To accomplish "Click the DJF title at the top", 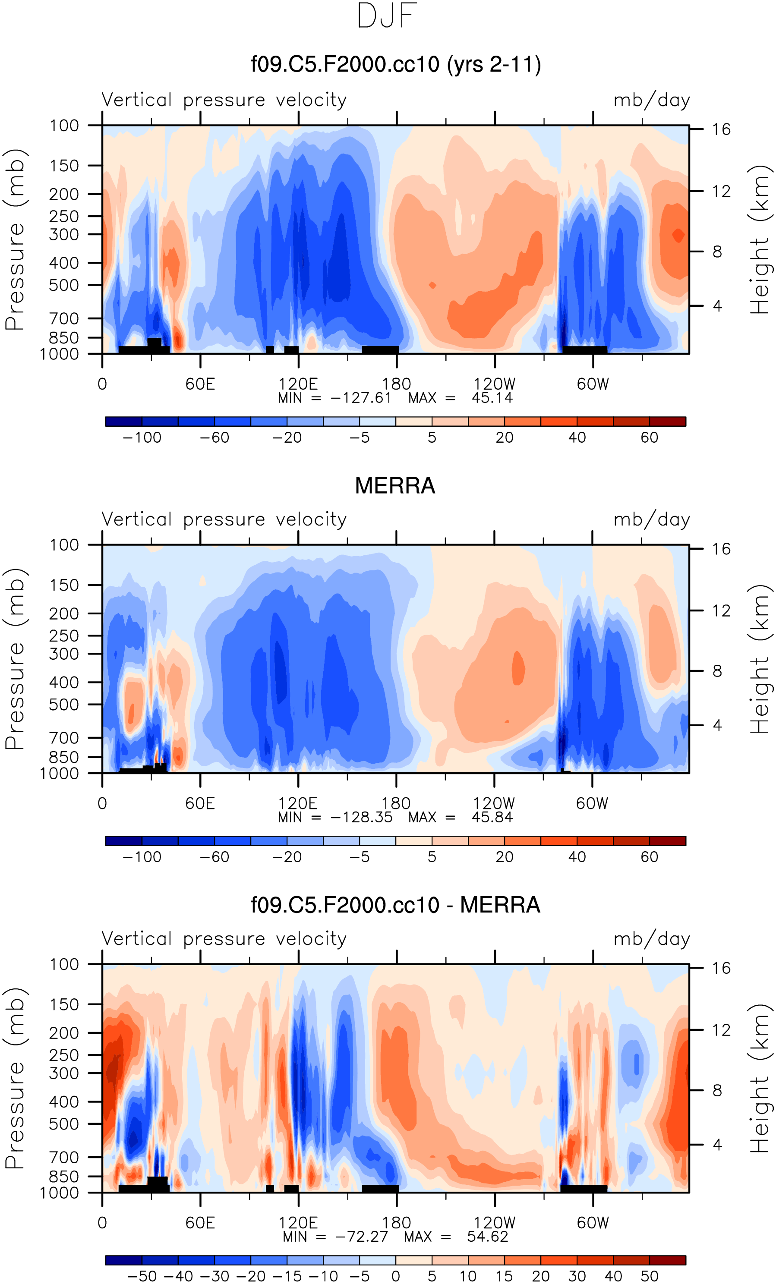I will [x=387, y=16].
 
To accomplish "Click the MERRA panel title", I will [x=394, y=486].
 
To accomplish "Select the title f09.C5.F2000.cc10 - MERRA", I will [x=395, y=905].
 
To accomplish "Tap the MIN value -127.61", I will [x=361, y=398].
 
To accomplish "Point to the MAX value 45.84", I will [x=492, y=817].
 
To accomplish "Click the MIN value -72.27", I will [x=361, y=1237].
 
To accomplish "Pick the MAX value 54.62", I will [x=487, y=1237].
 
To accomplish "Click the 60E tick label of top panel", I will [x=200, y=384].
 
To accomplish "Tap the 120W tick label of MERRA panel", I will [x=494, y=803].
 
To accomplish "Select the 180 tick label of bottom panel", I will [x=396, y=1222].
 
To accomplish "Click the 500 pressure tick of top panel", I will [x=64, y=285].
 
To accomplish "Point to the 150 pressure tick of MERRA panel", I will [x=64, y=585].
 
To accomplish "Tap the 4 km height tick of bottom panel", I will [x=717, y=1145].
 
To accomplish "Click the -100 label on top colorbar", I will [x=142, y=438].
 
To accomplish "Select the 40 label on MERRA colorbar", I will [x=577, y=857].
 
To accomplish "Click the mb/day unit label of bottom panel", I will [x=651, y=938].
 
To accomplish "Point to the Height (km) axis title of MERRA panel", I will [x=759, y=659].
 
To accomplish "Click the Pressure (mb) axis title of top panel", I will [x=15, y=240].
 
